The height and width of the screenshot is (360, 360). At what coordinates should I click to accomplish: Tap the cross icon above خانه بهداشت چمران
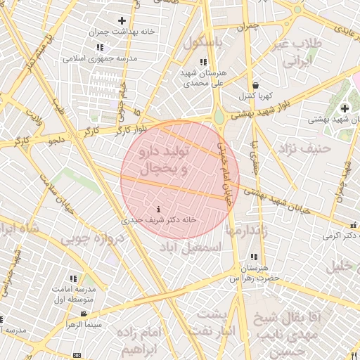point(122,21)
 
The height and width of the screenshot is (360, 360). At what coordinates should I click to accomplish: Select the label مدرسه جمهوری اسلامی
point(94,58)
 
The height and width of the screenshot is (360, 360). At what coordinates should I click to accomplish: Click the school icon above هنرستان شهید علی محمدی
point(203,63)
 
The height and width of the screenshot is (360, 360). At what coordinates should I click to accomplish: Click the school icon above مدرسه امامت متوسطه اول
point(74,278)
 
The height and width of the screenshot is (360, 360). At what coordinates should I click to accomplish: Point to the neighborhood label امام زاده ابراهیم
point(141,340)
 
